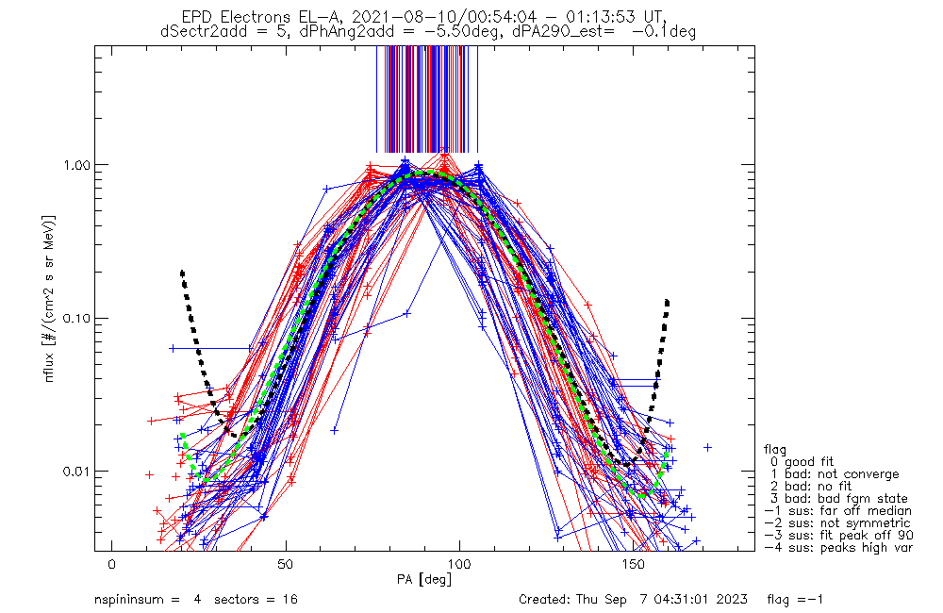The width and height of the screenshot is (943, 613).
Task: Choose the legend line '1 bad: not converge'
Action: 835,473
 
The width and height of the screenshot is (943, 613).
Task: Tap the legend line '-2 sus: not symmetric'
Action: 837,522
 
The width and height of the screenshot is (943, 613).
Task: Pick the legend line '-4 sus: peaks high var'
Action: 837,547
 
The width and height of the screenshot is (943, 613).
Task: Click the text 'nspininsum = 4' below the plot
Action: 147,600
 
